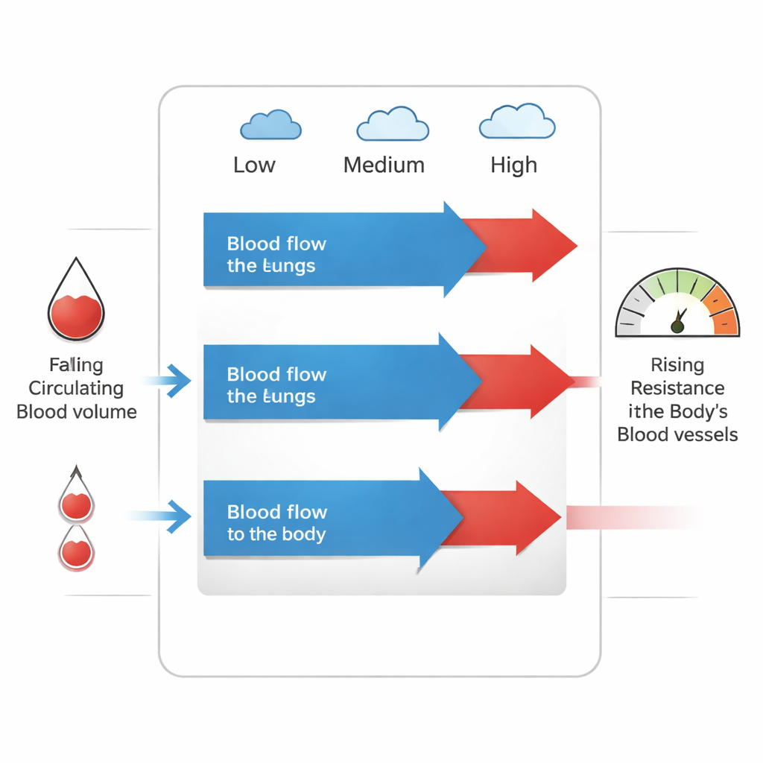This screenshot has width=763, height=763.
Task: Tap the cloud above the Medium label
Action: [392, 124]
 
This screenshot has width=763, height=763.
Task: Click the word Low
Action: [254, 165]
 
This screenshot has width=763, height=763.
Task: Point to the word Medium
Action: [384, 165]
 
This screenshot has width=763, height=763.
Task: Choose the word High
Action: [513, 165]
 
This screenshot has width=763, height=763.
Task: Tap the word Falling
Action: [76, 365]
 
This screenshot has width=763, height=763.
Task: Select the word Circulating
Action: [76, 388]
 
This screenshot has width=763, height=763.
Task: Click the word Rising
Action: [677, 365]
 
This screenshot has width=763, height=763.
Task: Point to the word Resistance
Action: [677, 388]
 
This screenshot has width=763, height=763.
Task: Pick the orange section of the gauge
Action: [723, 313]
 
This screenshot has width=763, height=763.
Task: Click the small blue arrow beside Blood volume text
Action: [176, 381]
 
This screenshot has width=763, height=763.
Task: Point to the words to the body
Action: [276, 534]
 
